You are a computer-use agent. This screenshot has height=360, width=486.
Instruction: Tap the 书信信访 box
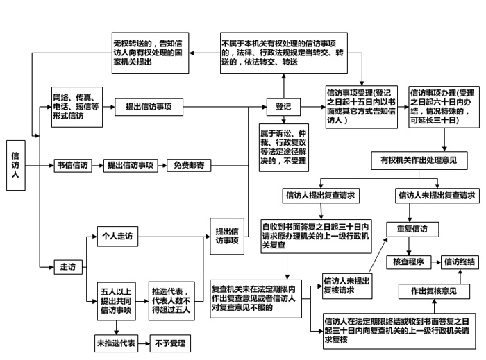point(73,166)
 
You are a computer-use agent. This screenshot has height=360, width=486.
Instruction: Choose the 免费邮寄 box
point(188,166)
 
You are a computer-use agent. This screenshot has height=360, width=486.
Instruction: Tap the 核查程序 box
point(412,262)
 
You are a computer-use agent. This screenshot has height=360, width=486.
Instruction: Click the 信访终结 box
point(460,262)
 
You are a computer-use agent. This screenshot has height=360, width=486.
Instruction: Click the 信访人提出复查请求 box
point(321,196)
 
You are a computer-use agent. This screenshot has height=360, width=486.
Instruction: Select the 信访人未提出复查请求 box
point(437,196)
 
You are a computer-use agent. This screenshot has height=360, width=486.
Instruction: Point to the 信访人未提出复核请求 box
point(346,285)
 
